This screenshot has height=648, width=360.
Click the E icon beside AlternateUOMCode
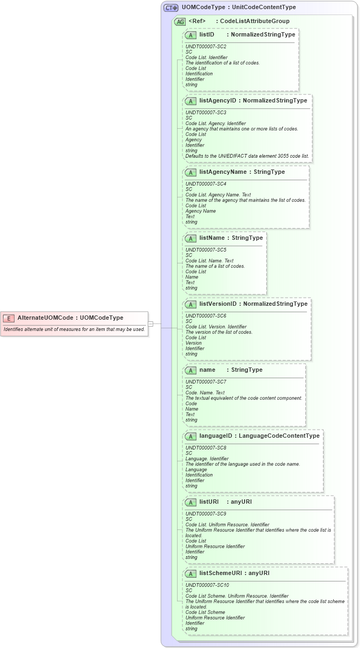click(9, 318)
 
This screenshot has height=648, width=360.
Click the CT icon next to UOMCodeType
click(171, 8)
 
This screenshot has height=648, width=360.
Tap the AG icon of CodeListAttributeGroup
click(180, 21)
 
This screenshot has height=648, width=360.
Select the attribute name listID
click(207, 34)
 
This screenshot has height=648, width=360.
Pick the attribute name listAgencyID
click(218, 100)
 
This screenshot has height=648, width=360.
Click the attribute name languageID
click(216, 436)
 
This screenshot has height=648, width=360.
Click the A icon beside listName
click(190, 238)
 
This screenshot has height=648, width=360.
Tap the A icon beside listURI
click(190, 502)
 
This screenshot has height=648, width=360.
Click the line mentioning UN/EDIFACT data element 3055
click(247, 156)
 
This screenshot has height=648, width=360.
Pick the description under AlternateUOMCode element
click(74, 329)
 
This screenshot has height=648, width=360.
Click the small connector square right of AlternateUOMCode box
click(151, 323)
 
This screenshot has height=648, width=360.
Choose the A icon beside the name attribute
click(190, 370)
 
